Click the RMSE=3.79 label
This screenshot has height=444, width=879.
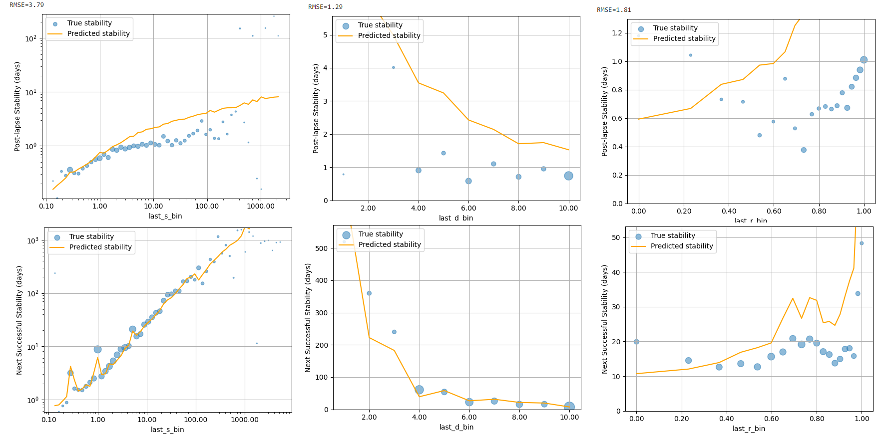pos(27,5)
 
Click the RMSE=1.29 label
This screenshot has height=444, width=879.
pos(325,7)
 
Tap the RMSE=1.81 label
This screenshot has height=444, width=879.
pos(614,10)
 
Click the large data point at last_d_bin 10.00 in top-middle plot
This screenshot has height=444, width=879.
pos(568,176)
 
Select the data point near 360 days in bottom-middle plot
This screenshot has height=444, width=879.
pos(369,293)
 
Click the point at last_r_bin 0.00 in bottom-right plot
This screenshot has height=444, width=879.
pos(636,342)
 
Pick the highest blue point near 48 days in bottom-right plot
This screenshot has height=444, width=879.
pos(862,243)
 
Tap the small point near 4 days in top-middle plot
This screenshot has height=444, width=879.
pos(394,67)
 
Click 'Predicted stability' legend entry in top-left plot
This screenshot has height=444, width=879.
pos(98,33)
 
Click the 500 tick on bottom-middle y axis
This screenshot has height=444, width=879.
pos(322,248)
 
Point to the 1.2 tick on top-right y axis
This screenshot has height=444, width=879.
pos(617,33)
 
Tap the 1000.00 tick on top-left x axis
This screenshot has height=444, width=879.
pos(261,206)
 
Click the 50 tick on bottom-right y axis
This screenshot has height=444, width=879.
pos(616,237)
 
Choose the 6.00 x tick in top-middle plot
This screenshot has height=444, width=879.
pos(468,208)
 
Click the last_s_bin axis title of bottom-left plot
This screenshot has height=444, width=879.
pos(167,430)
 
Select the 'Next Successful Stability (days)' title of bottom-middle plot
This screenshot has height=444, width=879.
pos(308,318)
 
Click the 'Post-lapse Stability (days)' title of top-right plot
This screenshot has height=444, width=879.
pos(605,111)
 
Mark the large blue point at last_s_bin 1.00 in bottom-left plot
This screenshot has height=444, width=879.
pos(97,349)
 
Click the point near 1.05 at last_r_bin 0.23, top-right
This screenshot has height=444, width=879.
pos(691,55)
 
